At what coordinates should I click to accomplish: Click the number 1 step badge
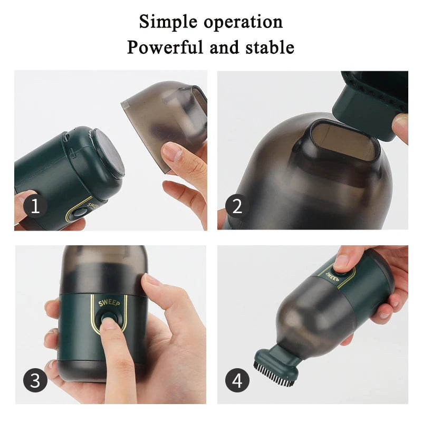click(x=35, y=206)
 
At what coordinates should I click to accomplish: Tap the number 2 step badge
click(x=237, y=206)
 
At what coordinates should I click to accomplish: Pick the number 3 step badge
click(x=35, y=380)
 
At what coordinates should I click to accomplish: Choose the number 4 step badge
click(x=237, y=380)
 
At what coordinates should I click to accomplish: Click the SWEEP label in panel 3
click(x=109, y=303)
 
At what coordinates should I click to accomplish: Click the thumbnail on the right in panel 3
click(x=153, y=280)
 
